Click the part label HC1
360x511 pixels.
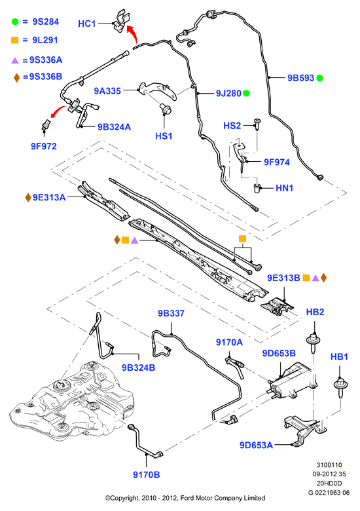(x=86, y=24)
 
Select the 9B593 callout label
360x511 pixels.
(x=300, y=78)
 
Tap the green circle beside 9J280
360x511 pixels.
(x=246, y=94)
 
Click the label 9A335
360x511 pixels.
(x=107, y=91)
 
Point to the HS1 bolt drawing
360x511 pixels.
(x=166, y=109)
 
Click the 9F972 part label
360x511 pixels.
(x=44, y=146)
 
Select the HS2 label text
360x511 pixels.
(x=232, y=126)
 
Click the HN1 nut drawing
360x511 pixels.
(x=257, y=188)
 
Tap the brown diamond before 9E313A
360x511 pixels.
(x=28, y=197)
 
